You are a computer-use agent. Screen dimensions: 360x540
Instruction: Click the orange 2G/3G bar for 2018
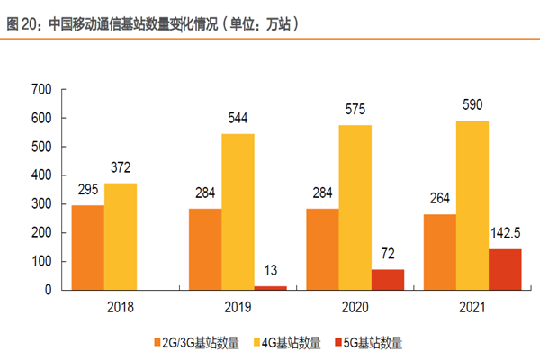click(87, 247)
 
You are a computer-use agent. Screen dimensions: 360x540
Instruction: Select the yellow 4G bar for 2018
click(120, 237)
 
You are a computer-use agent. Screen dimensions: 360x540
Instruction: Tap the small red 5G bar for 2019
click(269, 287)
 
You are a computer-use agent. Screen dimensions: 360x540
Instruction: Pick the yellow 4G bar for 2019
click(238, 211)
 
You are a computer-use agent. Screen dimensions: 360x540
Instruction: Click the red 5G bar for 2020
click(387, 279)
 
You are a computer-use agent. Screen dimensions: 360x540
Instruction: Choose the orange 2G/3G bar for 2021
click(439, 252)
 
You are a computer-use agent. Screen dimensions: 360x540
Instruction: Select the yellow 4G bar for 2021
click(472, 205)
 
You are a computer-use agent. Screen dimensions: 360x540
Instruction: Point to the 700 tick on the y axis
click(42, 89)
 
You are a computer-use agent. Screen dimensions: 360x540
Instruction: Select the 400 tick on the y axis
click(42, 175)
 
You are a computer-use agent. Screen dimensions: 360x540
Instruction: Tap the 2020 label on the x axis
click(355, 307)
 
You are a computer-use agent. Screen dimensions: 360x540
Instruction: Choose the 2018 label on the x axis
click(120, 307)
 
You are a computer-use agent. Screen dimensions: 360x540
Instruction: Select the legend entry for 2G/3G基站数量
click(193, 342)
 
